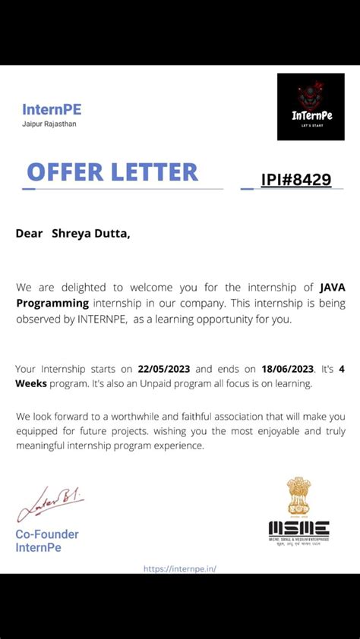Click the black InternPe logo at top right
point(311,106)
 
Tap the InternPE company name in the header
point(52,109)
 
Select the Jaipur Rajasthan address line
point(49,124)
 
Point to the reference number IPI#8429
point(295,180)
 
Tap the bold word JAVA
point(333,287)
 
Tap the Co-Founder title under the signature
point(47,534)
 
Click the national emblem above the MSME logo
point(298,496)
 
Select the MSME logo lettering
point(298,528)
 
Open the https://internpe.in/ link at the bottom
point(180,568)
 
